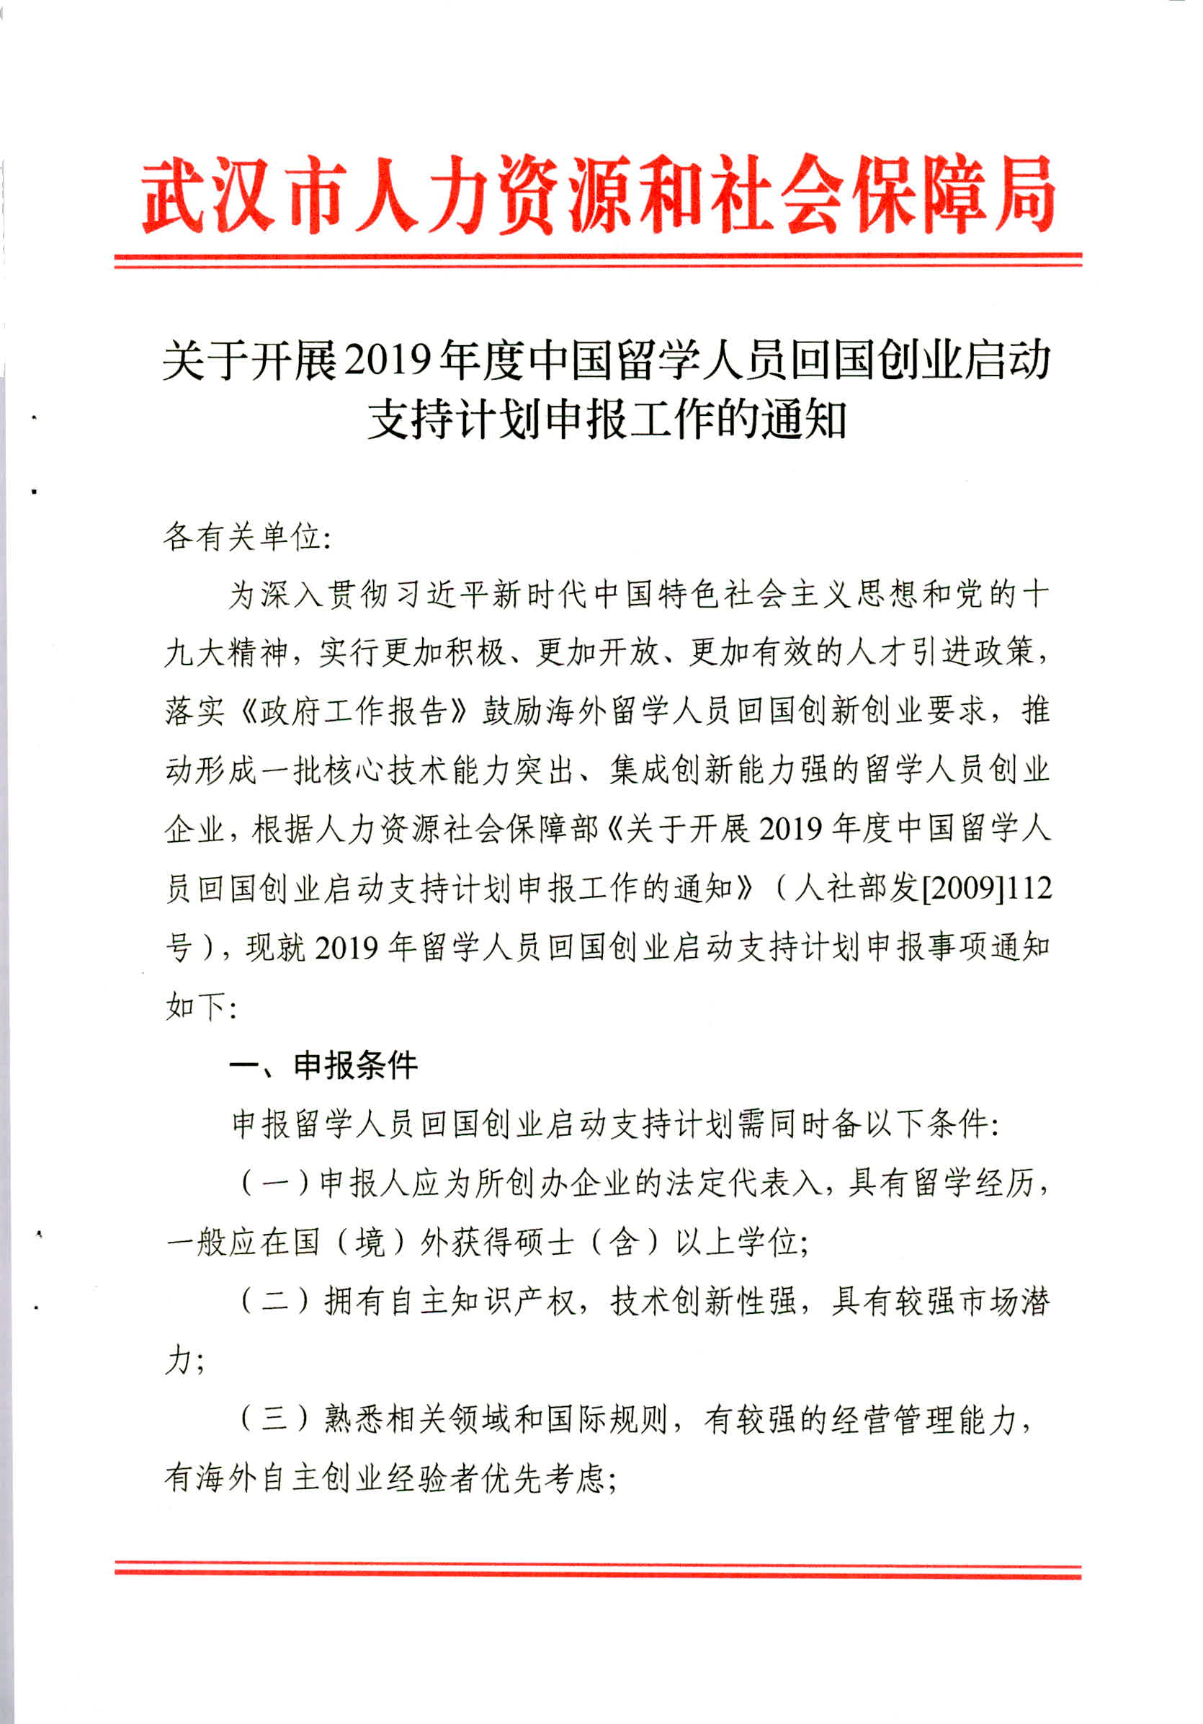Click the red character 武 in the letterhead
174,194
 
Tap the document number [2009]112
986,887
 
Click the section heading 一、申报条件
323,1065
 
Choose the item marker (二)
274,1300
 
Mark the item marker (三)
274,1419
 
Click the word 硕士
541,1243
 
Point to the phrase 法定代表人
746,1183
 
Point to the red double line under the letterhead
597,259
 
